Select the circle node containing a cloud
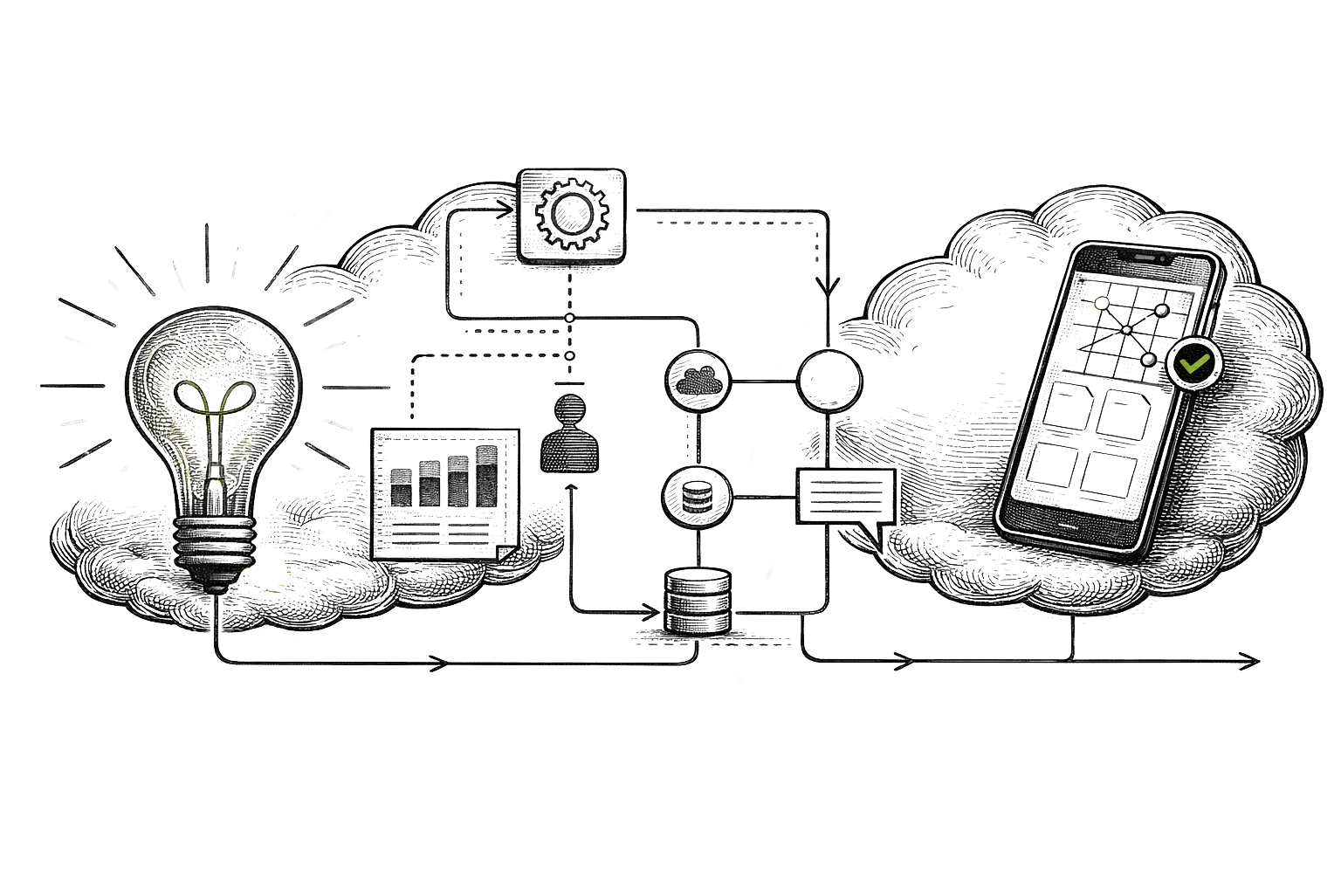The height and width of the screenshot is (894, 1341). point(698,381)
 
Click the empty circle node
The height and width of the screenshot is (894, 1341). point(829,381)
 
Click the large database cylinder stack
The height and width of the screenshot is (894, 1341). point(698,601)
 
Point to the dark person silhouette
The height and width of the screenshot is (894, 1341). point(571,433)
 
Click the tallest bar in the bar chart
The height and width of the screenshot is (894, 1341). point(487,475)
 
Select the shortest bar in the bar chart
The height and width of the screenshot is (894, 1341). point(402,487)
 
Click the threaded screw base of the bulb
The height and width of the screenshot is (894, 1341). point(214,543)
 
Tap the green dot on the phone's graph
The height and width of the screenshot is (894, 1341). point(1102,303)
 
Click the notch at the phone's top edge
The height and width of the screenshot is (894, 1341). point(1145,256)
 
